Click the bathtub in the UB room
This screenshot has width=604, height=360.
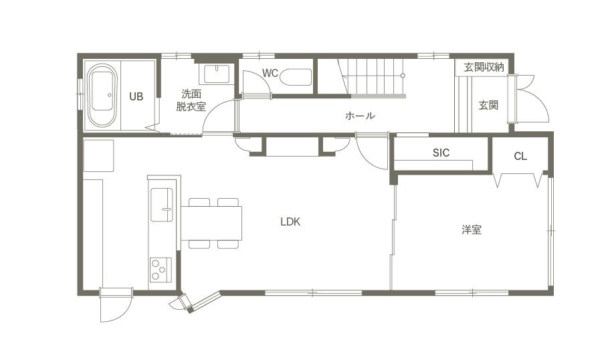102,95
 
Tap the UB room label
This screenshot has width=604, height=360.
136,96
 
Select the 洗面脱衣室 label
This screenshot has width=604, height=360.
191,100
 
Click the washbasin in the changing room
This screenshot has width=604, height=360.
217,74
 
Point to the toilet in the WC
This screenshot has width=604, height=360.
296,77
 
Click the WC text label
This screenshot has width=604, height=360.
270,73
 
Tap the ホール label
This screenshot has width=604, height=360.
360,115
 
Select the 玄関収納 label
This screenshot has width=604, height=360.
484,68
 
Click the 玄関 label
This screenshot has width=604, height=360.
488,105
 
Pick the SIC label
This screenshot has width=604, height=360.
441,153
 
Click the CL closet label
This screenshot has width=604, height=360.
520,156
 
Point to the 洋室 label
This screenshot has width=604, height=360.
472,230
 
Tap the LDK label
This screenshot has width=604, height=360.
290,221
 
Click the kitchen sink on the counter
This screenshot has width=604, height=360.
161,205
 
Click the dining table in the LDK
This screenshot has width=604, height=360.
211,223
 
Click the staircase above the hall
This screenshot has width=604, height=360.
372,76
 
